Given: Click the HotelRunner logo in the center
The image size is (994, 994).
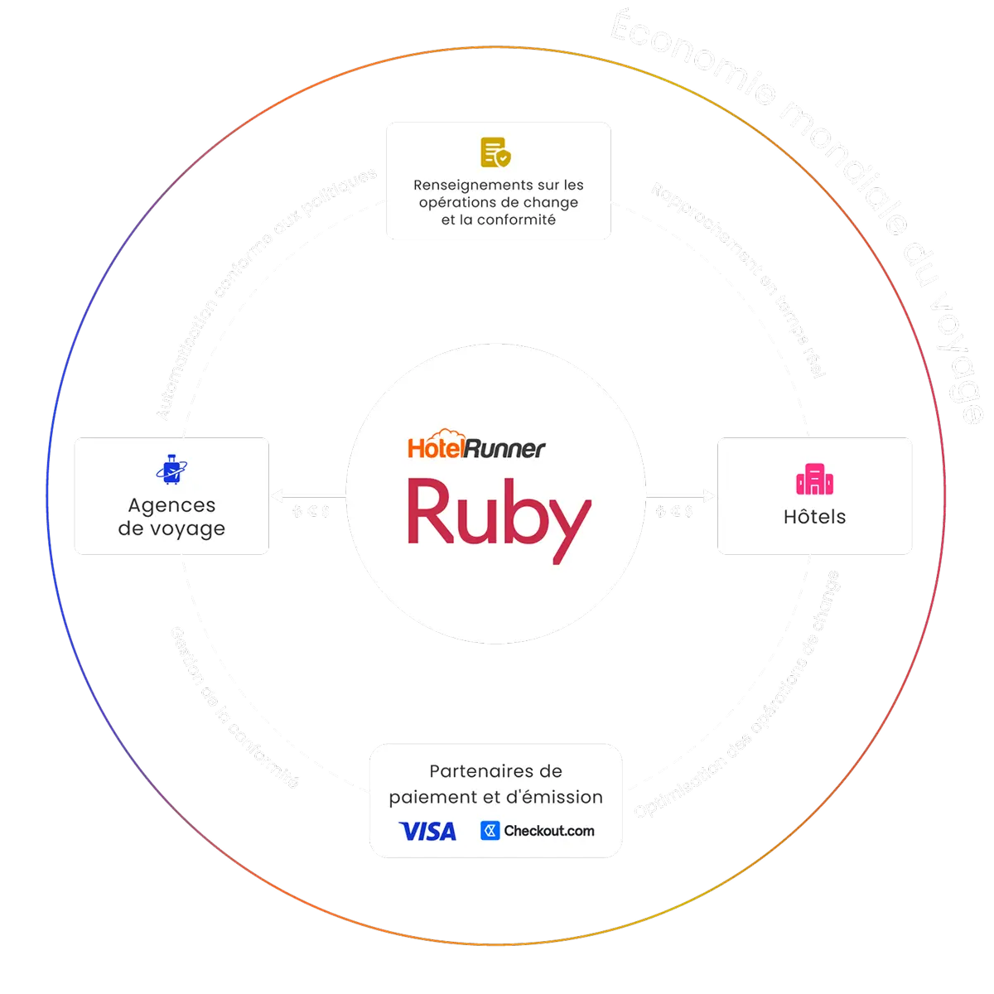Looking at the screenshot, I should pyautogui.click(x=477, y=446).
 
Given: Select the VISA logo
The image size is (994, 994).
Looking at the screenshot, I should pyautogui.click(x=427, y=831).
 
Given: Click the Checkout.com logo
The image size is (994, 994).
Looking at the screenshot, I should pyautogui.click(x=538, y=831).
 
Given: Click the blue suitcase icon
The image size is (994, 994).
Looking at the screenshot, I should pyautogui.click(x=172, y=468).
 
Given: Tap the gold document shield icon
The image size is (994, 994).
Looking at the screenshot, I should pyautogui.click(x=496, y=152).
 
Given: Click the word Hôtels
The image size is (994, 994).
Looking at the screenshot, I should pyautogui.click(x=814, y=517).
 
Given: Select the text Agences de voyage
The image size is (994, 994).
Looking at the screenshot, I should pyautogui.click(x=171, y=517).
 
